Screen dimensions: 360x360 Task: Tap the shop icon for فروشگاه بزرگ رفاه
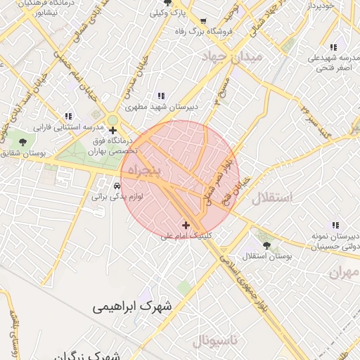203,21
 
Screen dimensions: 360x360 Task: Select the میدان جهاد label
231,56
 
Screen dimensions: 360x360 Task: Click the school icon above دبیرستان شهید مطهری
161,96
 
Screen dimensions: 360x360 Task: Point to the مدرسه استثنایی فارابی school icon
68,116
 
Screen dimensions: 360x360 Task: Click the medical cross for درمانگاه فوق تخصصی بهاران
112,130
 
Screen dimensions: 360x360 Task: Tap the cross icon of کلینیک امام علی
186,225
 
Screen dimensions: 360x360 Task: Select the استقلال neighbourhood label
285,197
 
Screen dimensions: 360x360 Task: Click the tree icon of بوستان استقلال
266,245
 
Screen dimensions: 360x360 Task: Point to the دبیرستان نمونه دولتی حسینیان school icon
335,225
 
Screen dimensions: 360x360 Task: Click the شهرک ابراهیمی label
135,307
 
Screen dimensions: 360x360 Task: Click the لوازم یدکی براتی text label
117,198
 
